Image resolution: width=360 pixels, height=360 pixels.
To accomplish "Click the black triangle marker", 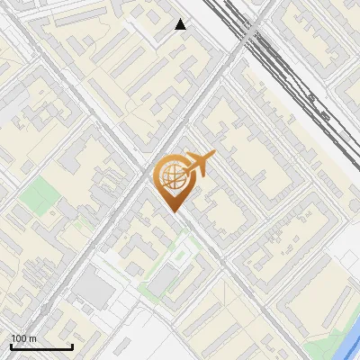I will (x=181, y=24).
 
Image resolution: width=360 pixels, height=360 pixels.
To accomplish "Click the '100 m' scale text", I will (x=24, y=338).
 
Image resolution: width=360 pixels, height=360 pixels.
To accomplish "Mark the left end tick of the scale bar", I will (x=11, y=346).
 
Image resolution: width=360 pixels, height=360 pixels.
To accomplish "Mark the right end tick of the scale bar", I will (x=72, y=346).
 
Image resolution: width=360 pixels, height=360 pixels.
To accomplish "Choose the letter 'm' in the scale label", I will (x=34, y=338).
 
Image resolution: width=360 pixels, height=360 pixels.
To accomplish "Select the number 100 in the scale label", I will (x=20, y=338).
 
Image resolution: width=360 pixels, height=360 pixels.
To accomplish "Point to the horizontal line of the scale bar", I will (x=41, y=346).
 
